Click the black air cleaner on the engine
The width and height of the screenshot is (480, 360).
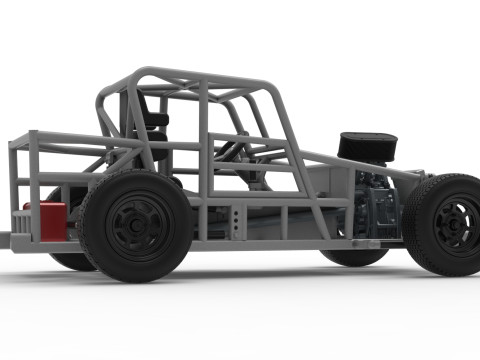[367, 146]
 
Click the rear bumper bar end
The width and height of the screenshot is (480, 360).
[5, 241]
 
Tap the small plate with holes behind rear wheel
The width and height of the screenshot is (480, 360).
[234, 222]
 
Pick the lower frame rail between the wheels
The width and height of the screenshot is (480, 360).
[270, 243]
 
